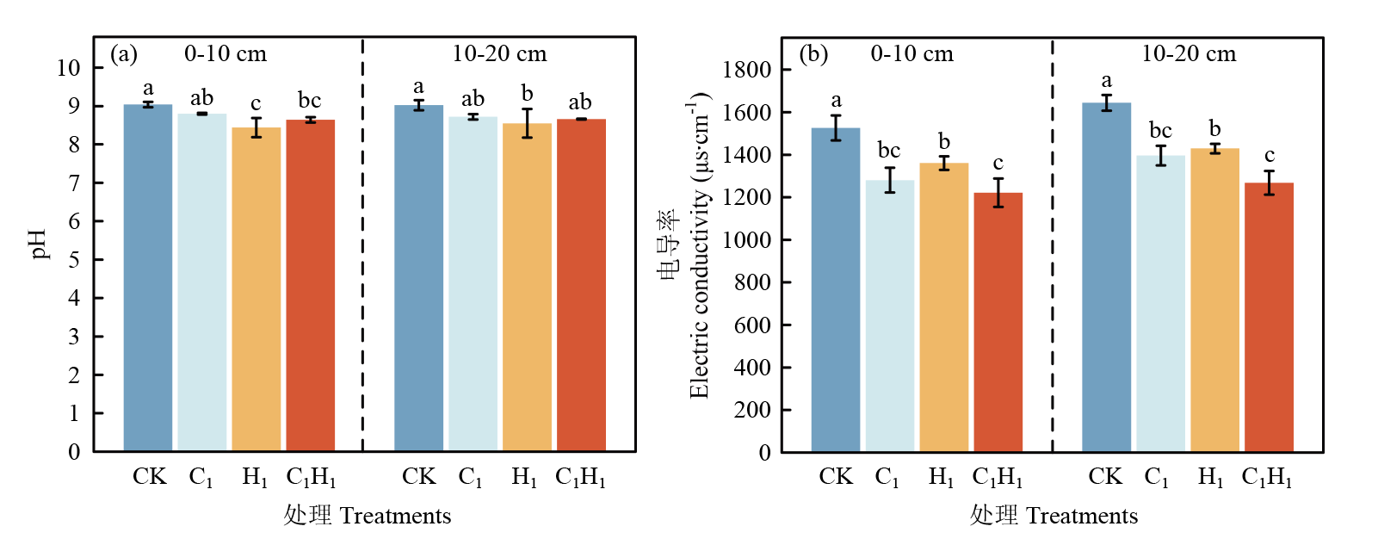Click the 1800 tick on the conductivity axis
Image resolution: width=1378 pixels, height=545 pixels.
coord(746,70)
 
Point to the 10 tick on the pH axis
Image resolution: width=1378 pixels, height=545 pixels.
coord(69,68)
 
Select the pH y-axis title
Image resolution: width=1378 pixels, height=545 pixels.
coord(39,244)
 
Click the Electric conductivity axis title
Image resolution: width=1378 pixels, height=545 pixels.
coord(699,245)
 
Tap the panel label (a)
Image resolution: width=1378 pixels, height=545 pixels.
coord(124,54)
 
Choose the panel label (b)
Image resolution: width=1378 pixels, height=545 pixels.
coord(813,54)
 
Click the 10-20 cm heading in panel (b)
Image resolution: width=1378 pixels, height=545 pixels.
coord(1189,54)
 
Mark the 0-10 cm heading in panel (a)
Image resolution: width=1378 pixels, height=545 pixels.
coord(226,54)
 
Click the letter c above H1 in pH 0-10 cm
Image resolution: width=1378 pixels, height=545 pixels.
coord(256,103)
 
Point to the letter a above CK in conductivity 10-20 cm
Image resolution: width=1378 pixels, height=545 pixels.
coord(1106,81)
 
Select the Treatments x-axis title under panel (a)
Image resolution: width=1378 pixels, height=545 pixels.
coord(368,515)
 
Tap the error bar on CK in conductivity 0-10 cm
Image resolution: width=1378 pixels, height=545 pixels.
coord(836,127)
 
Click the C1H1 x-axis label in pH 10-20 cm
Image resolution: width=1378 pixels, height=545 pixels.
coord(580,477)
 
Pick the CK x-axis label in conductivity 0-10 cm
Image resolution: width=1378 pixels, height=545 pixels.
coord(836,477)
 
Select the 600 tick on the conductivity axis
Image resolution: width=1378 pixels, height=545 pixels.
coord(751,325)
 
